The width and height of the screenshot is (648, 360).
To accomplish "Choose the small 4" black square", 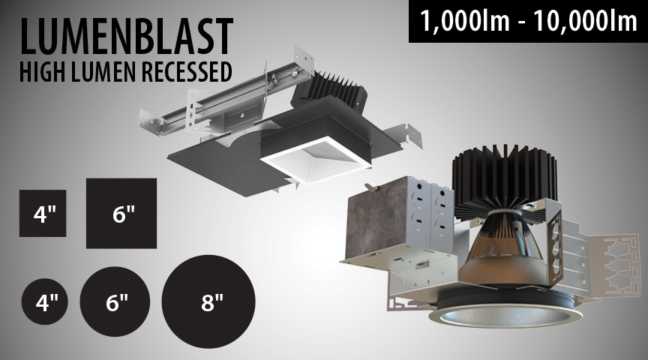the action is [43, 213].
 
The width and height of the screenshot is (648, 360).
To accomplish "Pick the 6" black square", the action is [121, 213].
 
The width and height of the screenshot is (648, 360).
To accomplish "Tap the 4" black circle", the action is [45, 301].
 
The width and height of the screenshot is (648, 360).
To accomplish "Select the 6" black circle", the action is [115, 301].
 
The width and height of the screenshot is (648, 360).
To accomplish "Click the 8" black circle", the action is [208, 301].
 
